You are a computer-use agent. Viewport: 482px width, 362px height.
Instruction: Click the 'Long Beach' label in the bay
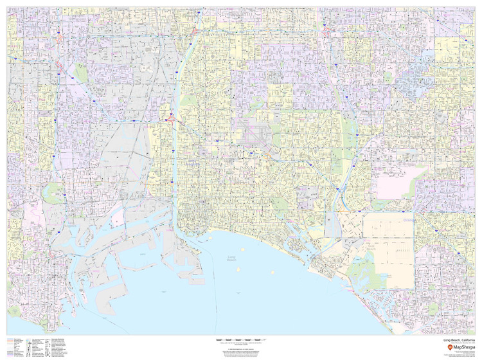(232, 258)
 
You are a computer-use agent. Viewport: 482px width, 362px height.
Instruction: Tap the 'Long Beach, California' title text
(458, 339)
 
